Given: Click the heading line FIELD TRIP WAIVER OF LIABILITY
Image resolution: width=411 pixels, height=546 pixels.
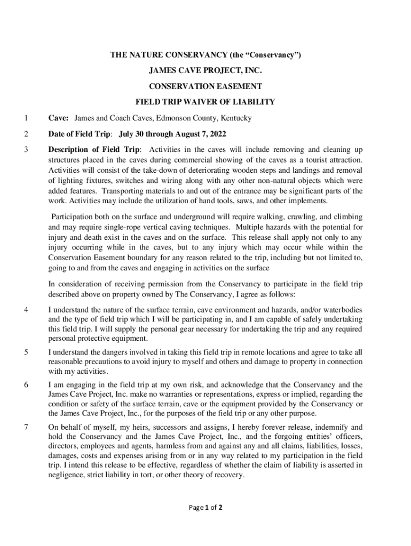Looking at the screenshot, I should (205, 101).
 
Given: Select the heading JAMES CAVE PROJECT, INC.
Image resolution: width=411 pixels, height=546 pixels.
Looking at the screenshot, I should (205, 70).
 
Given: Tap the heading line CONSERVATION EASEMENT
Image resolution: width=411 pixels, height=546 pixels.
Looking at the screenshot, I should (205, 86).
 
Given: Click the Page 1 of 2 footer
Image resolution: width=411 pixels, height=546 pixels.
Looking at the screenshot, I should (205, 507).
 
